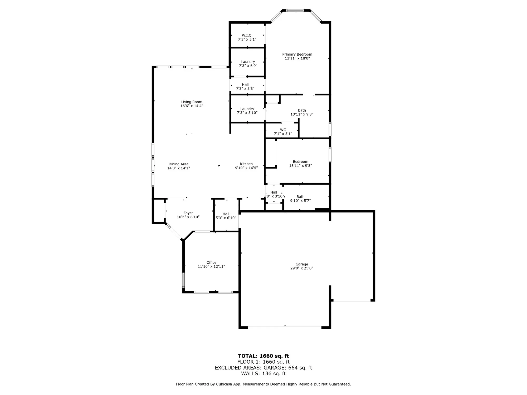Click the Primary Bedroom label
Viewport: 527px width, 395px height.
coord(297,54)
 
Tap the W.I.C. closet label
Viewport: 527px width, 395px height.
coord(247,35)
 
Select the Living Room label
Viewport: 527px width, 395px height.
coord(192,102)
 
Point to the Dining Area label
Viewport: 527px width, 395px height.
coord(178,164)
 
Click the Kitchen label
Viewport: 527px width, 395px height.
coord(246,164)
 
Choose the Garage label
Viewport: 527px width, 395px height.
coord(302,264)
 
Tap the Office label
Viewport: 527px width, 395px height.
coord(211,262)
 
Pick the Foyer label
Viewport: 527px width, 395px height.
coord(188,213)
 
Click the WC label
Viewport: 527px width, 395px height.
coord(283,130)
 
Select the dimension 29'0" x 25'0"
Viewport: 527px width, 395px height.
coord(302,268)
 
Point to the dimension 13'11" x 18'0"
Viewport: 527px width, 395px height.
coord(297,58)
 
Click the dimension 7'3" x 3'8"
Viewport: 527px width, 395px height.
coord(245,89)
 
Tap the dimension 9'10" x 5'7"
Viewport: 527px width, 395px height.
coord(300,201)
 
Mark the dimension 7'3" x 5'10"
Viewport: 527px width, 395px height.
coord(247,113)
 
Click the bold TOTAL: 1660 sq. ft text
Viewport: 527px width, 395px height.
coord(263,356)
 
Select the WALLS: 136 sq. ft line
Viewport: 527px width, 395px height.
coord(263,373)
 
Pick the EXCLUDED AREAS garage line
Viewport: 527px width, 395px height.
coord(263,368)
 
